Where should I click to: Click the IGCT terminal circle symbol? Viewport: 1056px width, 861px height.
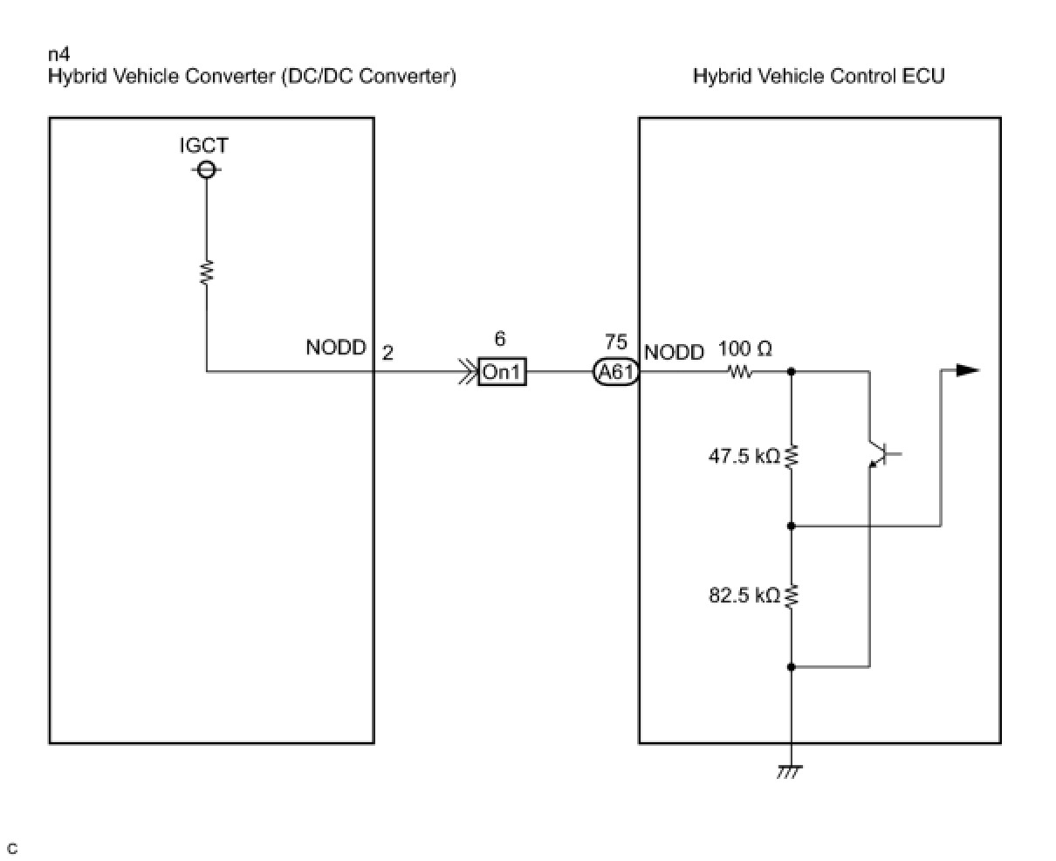(206, 170)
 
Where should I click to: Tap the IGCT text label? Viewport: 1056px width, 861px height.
(203, 145)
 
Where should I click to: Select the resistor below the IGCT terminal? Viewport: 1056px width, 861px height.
(207, 272)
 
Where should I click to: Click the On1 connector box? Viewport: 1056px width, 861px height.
(502, 371)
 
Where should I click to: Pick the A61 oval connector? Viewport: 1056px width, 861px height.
(616, 371)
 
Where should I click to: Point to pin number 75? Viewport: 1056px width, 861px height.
(616, 341)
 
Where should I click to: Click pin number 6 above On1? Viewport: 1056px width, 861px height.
(500, 339)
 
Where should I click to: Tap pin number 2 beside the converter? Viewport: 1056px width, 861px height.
(387, 353)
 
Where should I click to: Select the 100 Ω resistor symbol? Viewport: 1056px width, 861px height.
(741, 371)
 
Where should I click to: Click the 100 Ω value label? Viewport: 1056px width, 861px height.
(745, 348)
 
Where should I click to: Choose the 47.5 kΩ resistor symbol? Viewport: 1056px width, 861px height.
(792, 456)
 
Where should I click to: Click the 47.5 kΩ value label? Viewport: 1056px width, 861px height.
(744, 456)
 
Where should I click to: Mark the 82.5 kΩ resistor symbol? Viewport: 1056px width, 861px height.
(792, 596)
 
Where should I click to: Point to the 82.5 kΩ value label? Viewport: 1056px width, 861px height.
(744, 596)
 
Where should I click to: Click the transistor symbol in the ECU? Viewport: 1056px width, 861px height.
(883, 453)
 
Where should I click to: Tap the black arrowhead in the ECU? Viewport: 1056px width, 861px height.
(968, 370)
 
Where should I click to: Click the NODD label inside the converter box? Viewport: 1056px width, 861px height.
(336, 348)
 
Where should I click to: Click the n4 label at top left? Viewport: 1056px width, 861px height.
(59, 54)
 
